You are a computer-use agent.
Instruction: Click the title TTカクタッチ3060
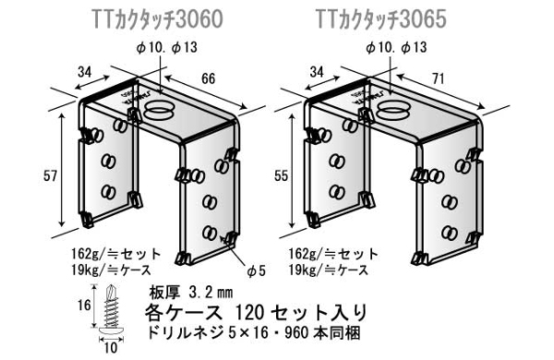pyautogui.click(x=163, y=17)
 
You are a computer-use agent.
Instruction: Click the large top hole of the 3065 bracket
pyautogui.click(x=393, y=112)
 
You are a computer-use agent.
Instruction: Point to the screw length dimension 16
pyautogui.click(x=84, y=305)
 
